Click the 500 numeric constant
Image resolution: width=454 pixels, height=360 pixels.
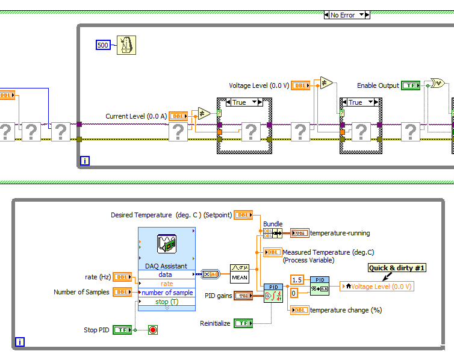point(103,45)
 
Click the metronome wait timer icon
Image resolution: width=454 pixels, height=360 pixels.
point(126,45)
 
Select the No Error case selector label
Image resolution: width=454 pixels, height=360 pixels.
point(347,14)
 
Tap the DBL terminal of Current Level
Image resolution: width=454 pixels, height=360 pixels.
point(178,116)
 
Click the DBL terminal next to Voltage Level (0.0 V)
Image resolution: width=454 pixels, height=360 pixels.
point(301,85)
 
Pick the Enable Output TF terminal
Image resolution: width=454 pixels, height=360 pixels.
point(411,85)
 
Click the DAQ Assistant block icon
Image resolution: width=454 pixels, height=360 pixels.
point(166,244)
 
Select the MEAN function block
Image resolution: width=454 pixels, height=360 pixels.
point(240,274)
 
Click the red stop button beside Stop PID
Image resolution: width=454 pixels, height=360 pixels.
point(153,330)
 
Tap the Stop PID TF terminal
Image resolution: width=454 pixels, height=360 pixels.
point(122,330)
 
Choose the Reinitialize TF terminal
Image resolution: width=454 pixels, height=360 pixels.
point(243,323)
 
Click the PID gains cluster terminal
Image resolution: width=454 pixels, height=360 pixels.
point(243,296)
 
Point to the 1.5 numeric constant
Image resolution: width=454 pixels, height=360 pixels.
point(296,280)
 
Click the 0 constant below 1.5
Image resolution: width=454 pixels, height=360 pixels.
point(295,293)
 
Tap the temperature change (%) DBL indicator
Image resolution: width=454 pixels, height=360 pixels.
point(299,310)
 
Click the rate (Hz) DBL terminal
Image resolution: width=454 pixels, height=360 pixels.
point(122,277)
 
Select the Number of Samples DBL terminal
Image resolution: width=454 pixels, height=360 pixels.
point(122,292)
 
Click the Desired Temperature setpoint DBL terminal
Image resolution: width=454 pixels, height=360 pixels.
point(243,215)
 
